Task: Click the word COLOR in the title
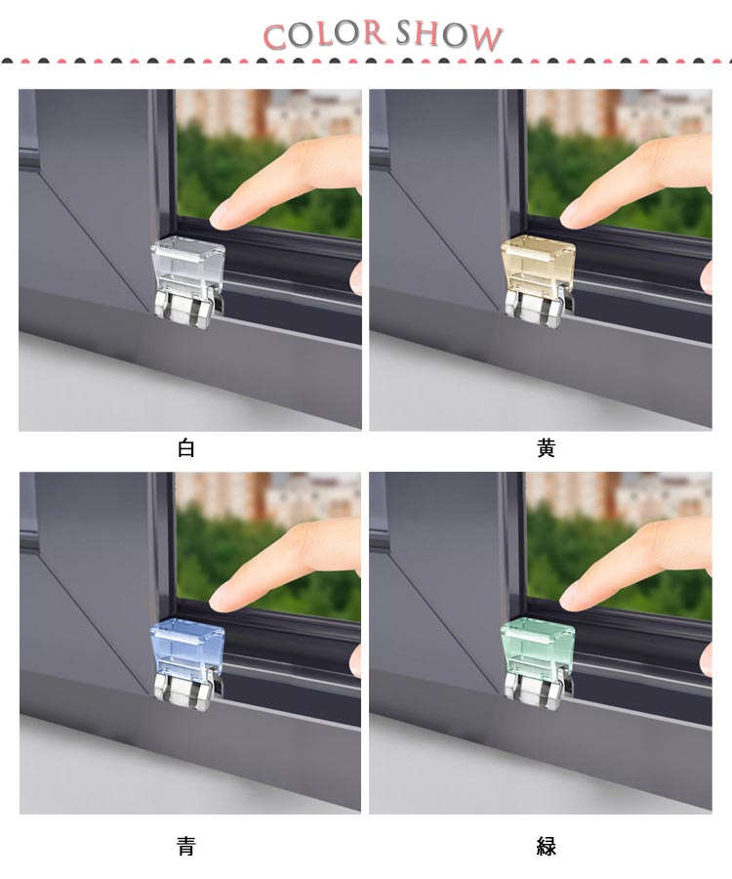pos(324,34)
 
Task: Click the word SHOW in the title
pos(449,36)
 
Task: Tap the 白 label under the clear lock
pos(186,448)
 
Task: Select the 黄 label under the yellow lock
pos(546,448)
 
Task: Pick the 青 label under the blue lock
pos(186,846)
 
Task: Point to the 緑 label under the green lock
pos(546,846)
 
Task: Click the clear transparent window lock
pos(187,267)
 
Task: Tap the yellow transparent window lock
pos(538,266)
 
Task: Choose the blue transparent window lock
pos(187,648)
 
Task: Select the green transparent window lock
pos(538,648)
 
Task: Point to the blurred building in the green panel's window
pos(619,496)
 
